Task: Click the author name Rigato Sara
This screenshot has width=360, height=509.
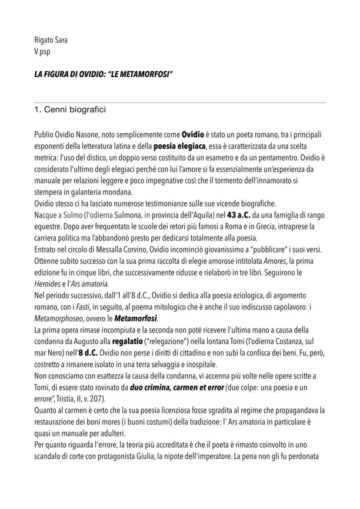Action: pyautogui.click(x=51, y=40)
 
